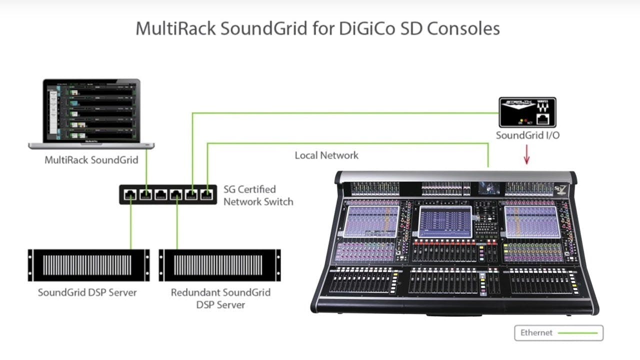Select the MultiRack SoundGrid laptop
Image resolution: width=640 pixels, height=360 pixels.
coord(91,113)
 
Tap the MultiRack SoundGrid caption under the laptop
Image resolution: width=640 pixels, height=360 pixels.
coord(91,160)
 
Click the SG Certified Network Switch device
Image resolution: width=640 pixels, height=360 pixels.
coord(167,194)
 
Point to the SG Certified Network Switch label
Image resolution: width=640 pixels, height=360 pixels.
coord(258,195)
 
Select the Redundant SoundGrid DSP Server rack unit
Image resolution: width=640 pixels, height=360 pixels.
coord(219,265)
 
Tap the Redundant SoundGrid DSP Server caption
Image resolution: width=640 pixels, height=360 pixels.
coord(220,298)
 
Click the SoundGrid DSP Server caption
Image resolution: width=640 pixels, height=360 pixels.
coord(87,292)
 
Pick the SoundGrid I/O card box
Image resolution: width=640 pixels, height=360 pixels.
coord(527,112)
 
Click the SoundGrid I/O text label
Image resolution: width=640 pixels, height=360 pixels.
coord(527,135)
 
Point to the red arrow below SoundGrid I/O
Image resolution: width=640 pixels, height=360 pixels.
coord(526,155)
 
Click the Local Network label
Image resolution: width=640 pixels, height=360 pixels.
coord(326,155)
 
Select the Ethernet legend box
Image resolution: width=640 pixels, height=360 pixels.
coord(558,333)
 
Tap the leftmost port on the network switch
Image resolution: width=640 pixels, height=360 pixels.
coord(130,194)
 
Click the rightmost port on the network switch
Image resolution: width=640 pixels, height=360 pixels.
coord(206,194)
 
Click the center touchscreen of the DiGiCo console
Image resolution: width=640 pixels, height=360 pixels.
coord(445,221)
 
